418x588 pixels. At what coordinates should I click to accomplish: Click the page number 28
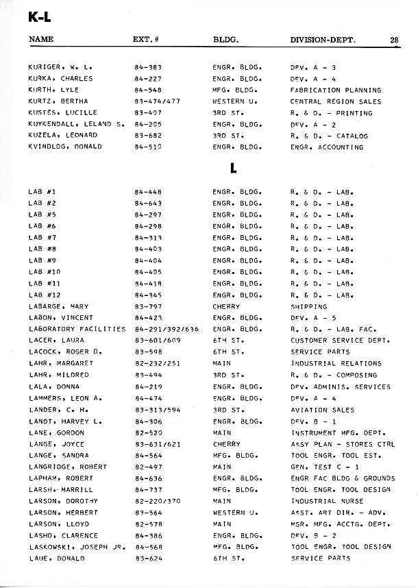395,40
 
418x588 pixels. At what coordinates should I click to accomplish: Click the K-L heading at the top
40,17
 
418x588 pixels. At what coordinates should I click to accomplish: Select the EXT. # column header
146,40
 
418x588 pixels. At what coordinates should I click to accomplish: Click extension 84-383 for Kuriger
148,67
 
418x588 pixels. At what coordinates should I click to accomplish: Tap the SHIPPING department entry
309,307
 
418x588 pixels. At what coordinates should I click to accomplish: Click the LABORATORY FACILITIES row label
77,330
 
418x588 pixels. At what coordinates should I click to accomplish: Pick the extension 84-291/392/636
167,330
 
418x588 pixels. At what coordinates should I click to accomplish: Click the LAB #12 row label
45,295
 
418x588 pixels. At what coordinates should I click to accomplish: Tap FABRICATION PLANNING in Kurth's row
336,90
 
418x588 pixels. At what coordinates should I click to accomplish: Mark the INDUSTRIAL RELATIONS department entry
336,364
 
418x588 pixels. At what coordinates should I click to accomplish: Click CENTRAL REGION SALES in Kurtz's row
336,101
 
